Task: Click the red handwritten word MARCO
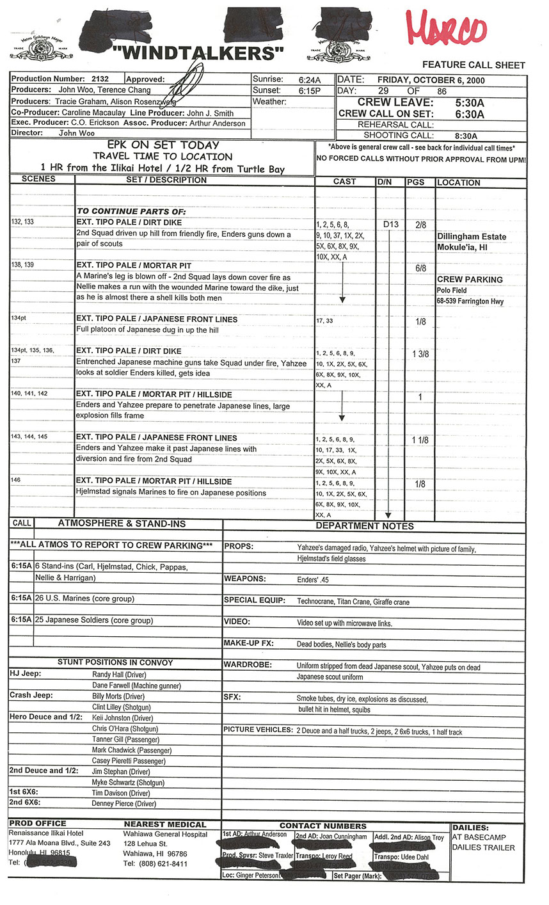tap(445, 29)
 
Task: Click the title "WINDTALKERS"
tap(198, 52)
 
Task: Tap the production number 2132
tap(100, 79)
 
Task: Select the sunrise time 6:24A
tap(309, 80)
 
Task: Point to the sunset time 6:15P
tap(309, 91)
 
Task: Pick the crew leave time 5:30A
tap(469, 102)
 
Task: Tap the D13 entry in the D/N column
tap(390, 225)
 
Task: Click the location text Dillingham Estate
tap(472, 237)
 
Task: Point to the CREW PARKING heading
tap(470, 280)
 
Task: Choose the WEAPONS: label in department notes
tap(244, 579)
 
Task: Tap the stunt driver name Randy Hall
tap(119, 675)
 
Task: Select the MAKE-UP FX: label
tap(248, 643)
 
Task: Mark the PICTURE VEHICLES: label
tap(257, 730)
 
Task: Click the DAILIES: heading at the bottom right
tap(470, 828)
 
